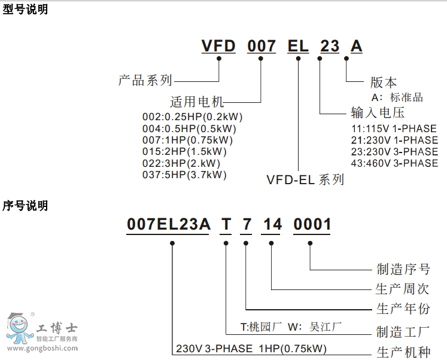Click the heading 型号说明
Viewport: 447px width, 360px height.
pyautogui.click(x=25, y=10)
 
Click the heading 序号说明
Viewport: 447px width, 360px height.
pyautogui.click(x=25, y=206)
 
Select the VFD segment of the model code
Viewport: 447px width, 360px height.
pyautogui.click(x=219, y=46)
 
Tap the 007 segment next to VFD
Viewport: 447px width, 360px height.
pyautogui.click(x=262, y=46)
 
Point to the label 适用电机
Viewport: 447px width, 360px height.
pyautogui.click(x=197, y=102)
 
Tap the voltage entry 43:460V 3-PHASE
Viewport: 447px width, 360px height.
pyautogui.click(x=394, y=163)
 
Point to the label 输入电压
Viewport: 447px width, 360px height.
pyautogui.click(x=378, y=112)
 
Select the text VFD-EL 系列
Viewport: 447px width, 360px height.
pyautogui.click(x=305, y=179)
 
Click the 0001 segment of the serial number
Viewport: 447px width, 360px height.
pyautogui.click(x=312, y=225)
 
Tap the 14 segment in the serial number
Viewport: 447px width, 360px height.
pyautogui.click(x=272, y=225)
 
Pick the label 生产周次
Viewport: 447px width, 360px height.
pyautogui.click(x=403, y=289)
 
